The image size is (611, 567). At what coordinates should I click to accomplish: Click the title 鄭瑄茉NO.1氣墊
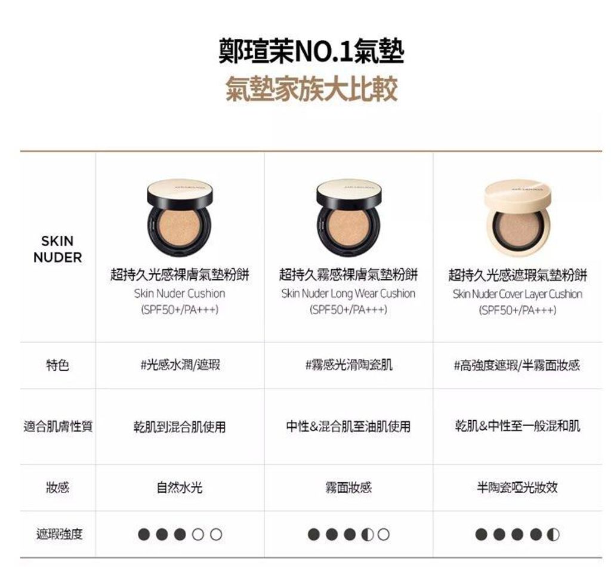point(311,51)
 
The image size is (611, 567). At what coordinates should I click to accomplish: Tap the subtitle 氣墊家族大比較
point(311,90)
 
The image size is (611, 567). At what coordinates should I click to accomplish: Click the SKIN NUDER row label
point(58,249)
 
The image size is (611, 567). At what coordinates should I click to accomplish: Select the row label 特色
point(58,365)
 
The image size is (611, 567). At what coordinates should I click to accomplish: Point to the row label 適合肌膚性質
point(58,426)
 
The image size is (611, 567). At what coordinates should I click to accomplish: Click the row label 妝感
point(58,487)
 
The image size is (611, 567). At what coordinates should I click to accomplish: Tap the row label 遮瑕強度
point(59,534)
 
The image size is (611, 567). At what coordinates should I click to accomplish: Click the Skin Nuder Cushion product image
point(180,218)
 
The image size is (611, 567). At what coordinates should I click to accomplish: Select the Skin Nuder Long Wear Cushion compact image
point(348,218)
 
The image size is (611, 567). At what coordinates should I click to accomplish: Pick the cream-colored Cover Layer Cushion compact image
point(518,218)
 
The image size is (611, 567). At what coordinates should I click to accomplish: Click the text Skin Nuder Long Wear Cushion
point(348,294)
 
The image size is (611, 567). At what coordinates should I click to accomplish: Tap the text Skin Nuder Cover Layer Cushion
point(517,294)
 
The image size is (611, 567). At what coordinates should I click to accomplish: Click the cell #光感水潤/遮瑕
point(180,365)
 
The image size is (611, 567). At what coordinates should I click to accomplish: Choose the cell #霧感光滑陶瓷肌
point(348,365)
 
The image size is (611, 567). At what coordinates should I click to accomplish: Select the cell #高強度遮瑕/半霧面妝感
point(517,365)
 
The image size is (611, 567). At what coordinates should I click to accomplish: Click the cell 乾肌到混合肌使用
point(180,427)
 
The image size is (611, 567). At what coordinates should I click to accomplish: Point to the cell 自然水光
point(180,487)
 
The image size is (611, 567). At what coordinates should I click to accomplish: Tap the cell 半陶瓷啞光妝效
point(517,487)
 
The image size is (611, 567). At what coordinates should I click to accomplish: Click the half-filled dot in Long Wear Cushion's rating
point(368,534)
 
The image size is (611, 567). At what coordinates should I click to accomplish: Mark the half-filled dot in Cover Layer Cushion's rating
point(553,534)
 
